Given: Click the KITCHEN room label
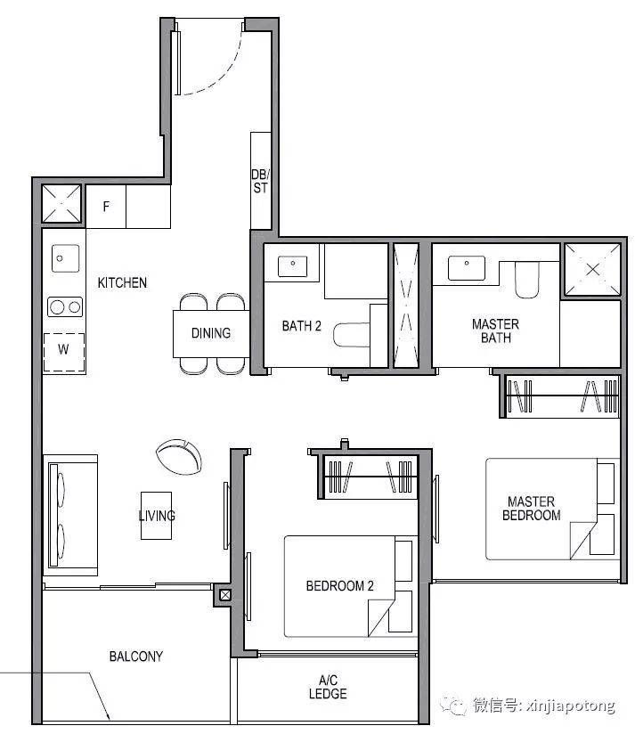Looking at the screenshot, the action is click(122, 282).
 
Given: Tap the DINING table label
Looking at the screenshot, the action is click(211, 333).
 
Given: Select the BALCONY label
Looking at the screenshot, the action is click(136, 657).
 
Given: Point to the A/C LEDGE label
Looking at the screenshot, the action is click(328, 687).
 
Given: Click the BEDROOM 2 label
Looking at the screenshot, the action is click(339, 585).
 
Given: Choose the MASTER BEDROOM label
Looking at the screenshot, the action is click(531, 509).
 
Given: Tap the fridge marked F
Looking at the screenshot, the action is click(106, 207).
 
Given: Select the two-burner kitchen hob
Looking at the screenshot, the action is click(65, 307).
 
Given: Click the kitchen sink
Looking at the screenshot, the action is click(66, 258).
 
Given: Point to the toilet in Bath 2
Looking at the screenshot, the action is click(352, 335).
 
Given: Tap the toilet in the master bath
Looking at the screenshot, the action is click(527, 280).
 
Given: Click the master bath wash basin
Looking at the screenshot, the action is click(467, 268).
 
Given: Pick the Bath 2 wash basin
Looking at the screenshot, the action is click(293, 266).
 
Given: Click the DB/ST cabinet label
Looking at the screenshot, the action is click(261, 181).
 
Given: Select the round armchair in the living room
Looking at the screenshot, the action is click(179, 457).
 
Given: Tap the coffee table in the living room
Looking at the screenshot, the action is click(156, 516).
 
